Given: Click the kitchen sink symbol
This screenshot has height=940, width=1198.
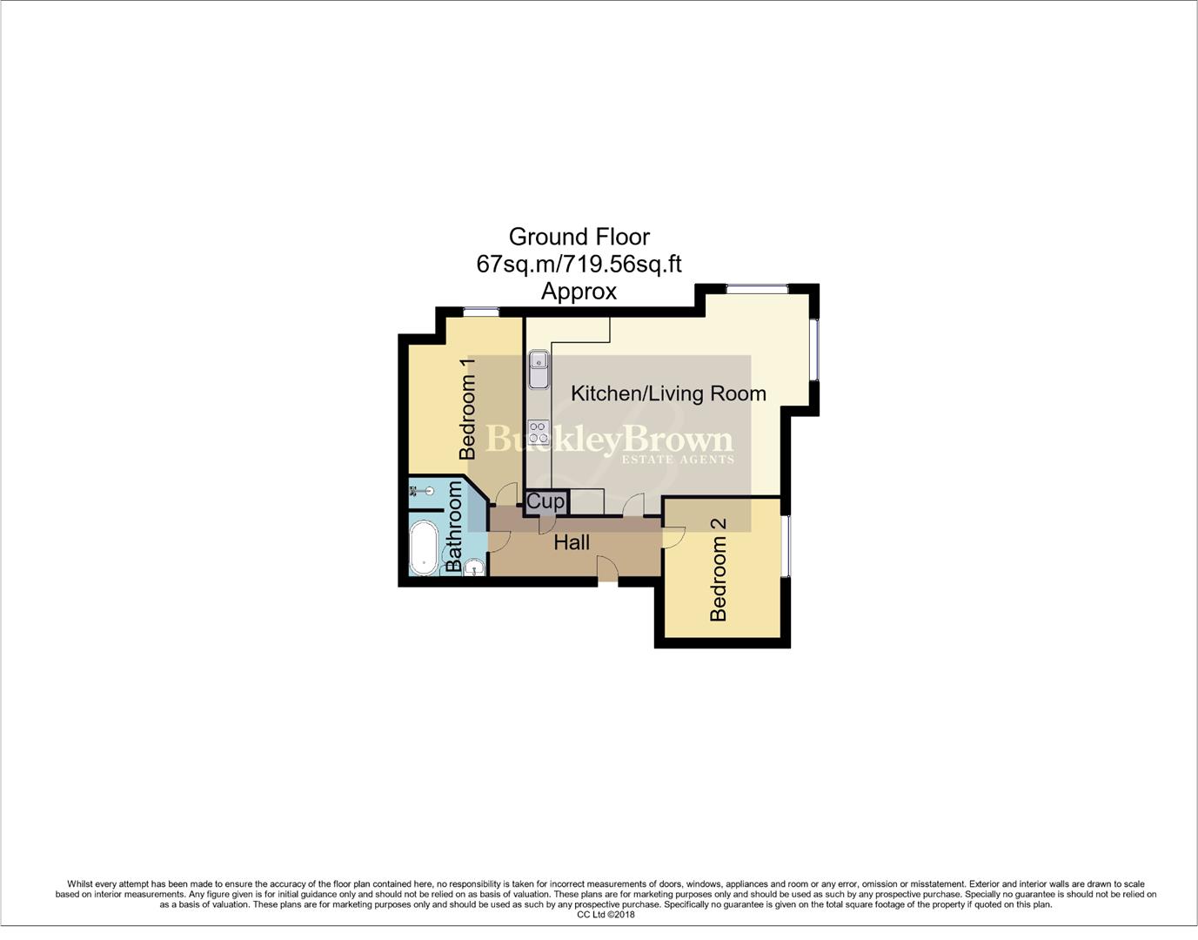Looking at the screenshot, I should click(539, 369).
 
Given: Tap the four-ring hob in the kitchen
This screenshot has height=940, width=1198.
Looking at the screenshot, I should click(539, 433).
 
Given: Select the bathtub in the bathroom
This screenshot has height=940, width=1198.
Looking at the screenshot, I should click(424, 548).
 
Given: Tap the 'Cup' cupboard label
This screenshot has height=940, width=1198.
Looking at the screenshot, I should click(545, 501).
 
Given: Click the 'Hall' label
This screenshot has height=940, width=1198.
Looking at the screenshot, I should click(572, 542).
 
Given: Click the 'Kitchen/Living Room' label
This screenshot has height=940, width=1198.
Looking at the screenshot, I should click(668, 393).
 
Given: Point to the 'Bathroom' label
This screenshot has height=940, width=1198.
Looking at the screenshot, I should click(454, 527).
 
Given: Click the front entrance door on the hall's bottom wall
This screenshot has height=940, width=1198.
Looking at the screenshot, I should click(607, 572).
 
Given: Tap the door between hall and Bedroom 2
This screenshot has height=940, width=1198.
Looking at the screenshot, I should click(673, 538).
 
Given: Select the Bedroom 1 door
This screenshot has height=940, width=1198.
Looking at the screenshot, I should click(504, 495).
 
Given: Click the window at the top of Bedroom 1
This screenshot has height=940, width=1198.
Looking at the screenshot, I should click(480, 312).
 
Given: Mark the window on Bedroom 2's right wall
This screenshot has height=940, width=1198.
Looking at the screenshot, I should click(786, 546).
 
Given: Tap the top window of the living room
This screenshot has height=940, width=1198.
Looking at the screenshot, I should click(757, 289).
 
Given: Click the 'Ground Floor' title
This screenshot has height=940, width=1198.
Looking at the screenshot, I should click(579, 237).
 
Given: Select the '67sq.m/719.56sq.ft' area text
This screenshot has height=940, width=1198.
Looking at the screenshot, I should click(579, 264).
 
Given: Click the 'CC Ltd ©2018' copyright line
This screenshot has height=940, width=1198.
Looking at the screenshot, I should click(606, 915).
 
